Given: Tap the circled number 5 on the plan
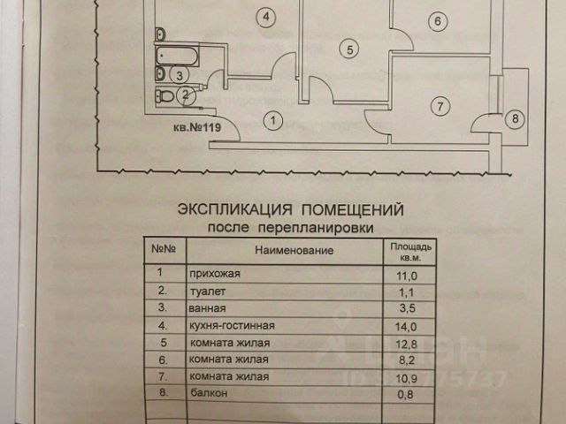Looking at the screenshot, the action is (349, 50).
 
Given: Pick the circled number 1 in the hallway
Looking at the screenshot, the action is (274, 118).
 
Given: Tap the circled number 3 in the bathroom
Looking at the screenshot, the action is (180, 76).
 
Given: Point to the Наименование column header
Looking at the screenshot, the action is (294, 252).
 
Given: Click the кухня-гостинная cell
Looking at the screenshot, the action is (225, 326).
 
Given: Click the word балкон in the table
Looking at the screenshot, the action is (205, 394).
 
